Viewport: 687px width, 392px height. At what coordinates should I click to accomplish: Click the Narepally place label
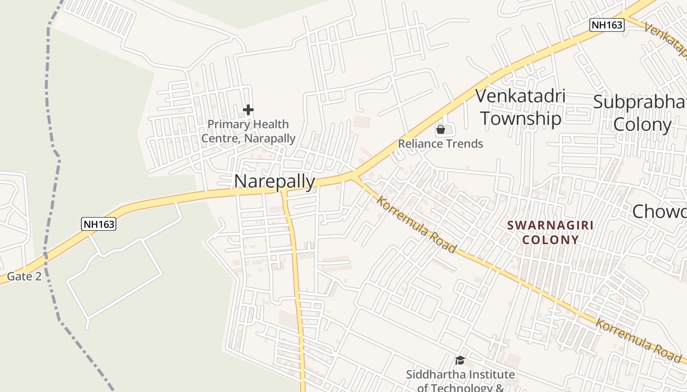[x=274, y=181]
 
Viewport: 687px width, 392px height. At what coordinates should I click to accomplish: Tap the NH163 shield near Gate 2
[x=99, y=224]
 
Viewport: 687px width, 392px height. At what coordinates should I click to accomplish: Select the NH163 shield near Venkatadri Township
[x=607, y=25]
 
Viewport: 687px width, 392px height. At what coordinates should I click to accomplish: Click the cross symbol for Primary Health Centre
[x=248, y=110]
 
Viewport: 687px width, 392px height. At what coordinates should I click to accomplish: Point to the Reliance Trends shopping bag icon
[x=441, y=129]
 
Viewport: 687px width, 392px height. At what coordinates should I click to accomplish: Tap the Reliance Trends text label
[x=441, y=144]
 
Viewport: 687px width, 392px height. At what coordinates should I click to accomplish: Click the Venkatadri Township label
[x=521, y=107]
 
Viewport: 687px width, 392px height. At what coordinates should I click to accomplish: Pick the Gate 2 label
[x=24, y=276]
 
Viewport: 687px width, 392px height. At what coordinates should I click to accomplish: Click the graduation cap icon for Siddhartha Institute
[x=460, y=361]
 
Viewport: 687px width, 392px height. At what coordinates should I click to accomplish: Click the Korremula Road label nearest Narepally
[x=417, y=225]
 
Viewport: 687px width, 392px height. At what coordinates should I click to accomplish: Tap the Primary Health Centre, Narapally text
[x=248, y=131]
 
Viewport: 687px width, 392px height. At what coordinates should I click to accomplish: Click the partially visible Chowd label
[x=659, y=212]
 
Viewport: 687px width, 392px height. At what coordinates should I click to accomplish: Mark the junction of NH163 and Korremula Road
[x=355, y=175]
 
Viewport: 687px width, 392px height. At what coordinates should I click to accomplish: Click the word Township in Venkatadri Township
[x=521, y=119]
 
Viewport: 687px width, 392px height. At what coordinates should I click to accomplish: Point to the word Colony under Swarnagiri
[x=550, y=240]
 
